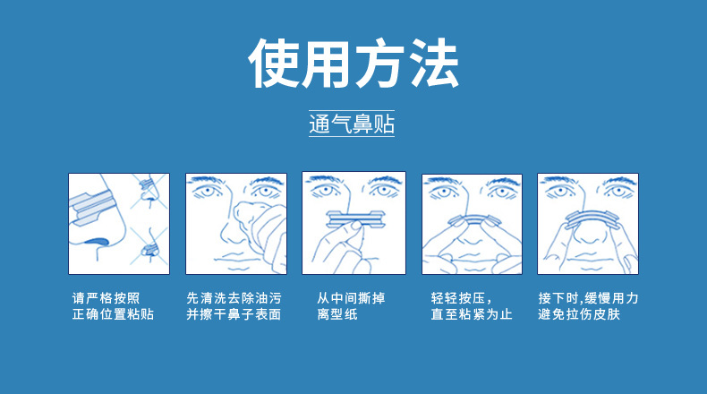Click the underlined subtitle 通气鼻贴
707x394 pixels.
(352, 124)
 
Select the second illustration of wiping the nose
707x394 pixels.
(235, 223)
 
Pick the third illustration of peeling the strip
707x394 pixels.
(353, 222)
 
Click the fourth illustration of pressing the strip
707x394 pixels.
(471, 223)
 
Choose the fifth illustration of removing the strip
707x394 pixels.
(587, 223)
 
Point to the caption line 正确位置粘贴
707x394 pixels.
(113, 315)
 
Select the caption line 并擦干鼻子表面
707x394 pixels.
(233, 315)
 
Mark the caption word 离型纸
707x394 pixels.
(336, 315)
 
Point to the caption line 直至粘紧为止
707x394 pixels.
(471, 315)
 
